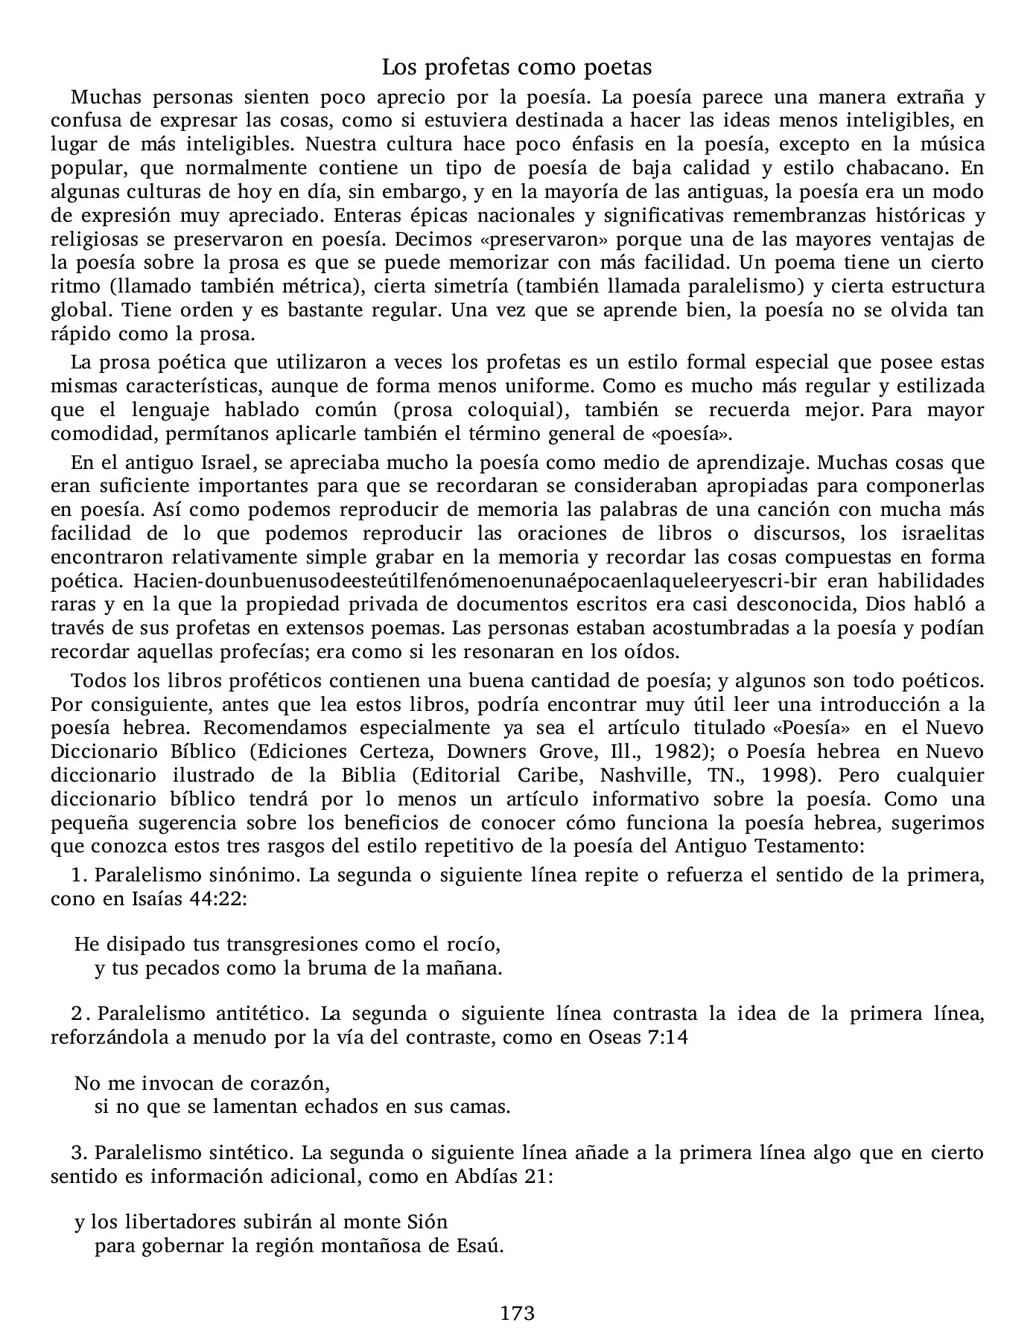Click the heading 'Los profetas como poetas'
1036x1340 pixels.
[517, 68]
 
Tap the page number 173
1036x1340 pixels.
[518, 1313]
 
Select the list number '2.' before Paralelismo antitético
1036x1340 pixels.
[80, 1014]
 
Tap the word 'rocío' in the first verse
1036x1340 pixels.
[474, 945]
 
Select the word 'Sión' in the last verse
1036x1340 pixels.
[428, 1222]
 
